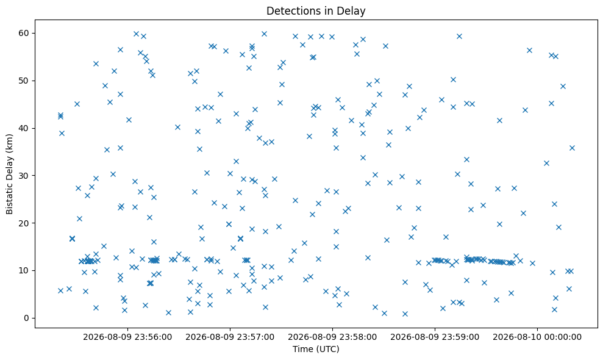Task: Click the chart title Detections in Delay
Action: click(x=316, y=11)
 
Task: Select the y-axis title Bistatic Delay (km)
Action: click(x=9, y=174)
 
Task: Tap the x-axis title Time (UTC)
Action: click(x=316, y=349)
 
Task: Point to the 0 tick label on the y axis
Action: click(x=27, y=318)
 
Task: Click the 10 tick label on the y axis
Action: click(x=24, y=271)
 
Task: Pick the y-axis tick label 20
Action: click(x=24, y=223)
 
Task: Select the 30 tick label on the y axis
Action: click(x=24, y=176)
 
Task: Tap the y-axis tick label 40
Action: click(x=24, y=128)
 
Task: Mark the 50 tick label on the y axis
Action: click(x=24, y=81)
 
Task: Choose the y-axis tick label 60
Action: click(x=24, y=33)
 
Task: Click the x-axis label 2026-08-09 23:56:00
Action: click(x=127, y=337)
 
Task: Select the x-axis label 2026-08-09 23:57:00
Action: click(x=230, y=337)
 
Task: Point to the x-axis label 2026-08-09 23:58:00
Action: click(x=332, y=337)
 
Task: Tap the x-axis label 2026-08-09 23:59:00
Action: click(x=435, y=337)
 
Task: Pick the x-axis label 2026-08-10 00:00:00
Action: click(x=537, y=337)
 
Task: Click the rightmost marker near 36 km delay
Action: click(x=572, y=148)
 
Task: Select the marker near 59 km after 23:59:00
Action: click(x=459, y=36)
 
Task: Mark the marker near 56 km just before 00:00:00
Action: click(x=529, y=50)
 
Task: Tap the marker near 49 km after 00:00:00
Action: click(x=563, y=86)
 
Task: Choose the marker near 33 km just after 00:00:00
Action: click(x=546, y=164)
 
